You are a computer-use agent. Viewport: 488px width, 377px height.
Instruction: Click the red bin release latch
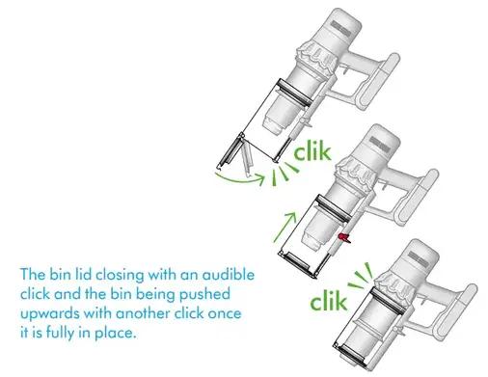tap(344, 238)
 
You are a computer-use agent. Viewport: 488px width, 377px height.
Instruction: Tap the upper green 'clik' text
tap(312, 151)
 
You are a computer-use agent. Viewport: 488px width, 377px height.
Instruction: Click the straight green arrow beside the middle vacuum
tap(285, 227)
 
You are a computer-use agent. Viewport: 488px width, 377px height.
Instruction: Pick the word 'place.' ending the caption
tap(114, 333)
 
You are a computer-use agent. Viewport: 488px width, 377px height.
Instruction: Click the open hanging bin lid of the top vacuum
tap(230, 151)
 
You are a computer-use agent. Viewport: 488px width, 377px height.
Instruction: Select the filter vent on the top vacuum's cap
tap(339, 28)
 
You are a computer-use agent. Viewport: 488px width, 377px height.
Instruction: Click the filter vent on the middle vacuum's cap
tap(379, 144)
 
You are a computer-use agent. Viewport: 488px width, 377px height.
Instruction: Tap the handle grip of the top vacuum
tap(381, 83)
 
